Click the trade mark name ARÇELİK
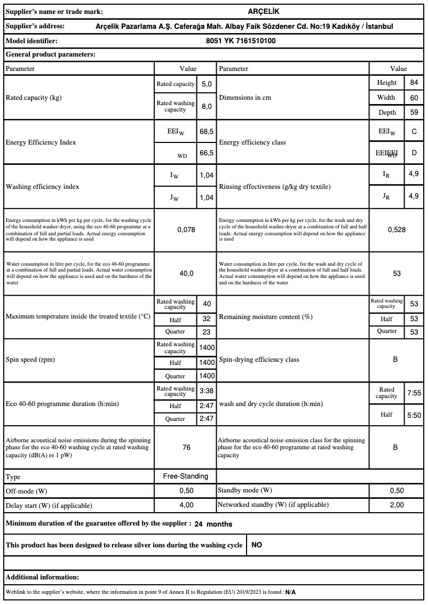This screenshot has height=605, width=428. click(264, 11)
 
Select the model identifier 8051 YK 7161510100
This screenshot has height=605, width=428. click(241, 41)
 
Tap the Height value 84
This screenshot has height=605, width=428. click(414, 83)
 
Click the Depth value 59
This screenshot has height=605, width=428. click(414, 113)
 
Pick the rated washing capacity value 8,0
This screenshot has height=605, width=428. click(207, 106)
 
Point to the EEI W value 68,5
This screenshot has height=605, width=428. click(207, 131)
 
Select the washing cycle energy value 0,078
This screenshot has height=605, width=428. click(186, 229)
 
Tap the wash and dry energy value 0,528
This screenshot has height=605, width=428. click(397, 229)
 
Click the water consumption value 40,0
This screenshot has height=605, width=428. click(186, 273)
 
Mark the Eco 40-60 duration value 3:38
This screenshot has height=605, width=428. click(207, 391)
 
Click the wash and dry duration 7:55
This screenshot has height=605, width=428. click(414, 393)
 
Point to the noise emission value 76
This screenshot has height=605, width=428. click(186, 447)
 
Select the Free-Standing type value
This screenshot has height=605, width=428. click(186, 476)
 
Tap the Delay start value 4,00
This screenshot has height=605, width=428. click(186, 505)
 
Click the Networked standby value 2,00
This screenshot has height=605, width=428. click(397, 505)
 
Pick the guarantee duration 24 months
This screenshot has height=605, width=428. click(213, 524)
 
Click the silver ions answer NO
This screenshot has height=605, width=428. click(257, 545)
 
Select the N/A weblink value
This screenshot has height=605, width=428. click(290, 592)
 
